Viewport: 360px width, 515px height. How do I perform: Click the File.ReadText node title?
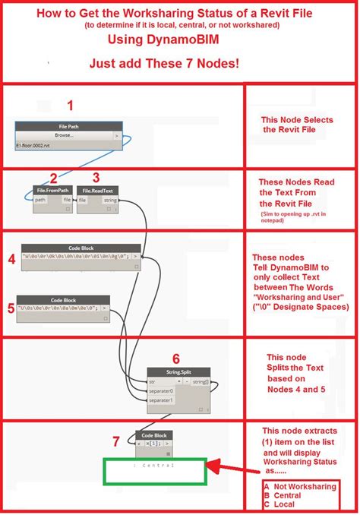[96, 190]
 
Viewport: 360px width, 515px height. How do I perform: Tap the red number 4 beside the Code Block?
[12, 260]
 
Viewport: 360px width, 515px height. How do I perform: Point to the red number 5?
[10, 308]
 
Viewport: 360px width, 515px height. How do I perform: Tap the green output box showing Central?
[155, 470]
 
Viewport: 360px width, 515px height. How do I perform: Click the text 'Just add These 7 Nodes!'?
[179, 63]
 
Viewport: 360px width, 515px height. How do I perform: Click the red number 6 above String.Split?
[176, 358]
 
